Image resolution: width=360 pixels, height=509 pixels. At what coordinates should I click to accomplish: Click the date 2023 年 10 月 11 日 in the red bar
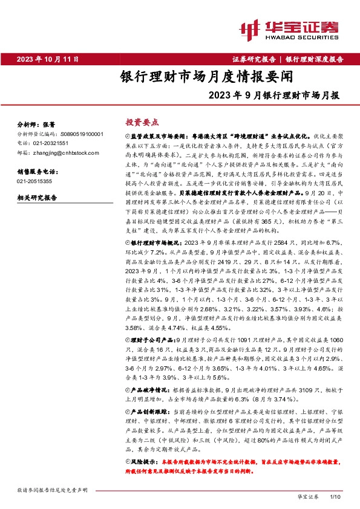48,59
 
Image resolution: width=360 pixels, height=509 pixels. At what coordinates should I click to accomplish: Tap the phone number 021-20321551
52,143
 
